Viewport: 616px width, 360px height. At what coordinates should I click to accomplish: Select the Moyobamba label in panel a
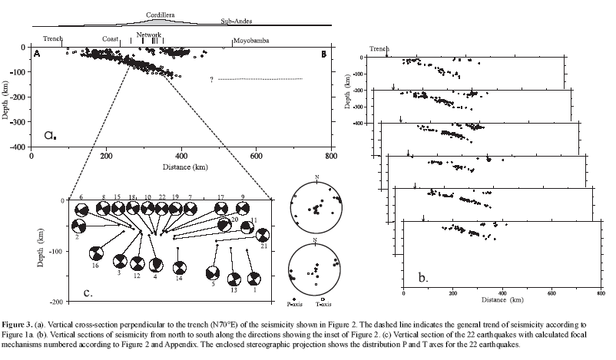pyautogui.click(x=251, y=40)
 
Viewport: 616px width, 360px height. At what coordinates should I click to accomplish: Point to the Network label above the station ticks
pyautogui.click(x=148, y=35)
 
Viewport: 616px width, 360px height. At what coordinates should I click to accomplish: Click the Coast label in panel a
pyautogui.click(x=111, y=40)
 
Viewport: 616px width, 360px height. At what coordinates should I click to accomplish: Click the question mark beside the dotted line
pyautogui.click(x=210, y=79)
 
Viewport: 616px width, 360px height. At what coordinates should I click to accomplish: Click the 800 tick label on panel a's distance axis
pyautogui.click(x=330, y=154)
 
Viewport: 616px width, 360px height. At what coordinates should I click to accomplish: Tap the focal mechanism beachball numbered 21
pyautogui.click(x=262, y=235)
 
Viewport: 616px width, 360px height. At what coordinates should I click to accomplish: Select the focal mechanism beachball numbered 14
pyautogui.click(x=179, y=268)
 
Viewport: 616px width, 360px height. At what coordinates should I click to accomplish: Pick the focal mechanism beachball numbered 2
pyautogui.click(x=78, y=226)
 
